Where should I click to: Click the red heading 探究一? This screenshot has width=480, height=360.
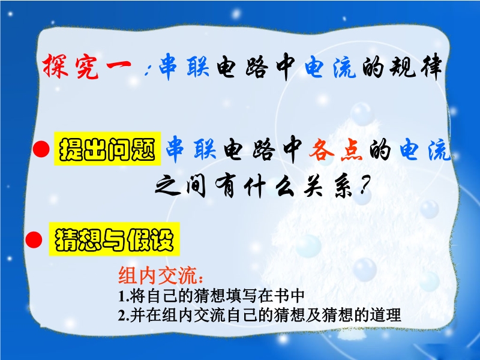(x=87, y=66)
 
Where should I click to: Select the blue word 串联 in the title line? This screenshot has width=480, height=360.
(x=184, y=65)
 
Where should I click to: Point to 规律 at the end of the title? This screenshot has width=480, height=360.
(x=416, y=66)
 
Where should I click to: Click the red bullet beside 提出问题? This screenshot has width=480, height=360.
(x=41, y=149)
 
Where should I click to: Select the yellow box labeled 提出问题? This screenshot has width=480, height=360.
(x=107, y=149)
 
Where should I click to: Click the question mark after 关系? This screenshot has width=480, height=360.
(x=364, y=185)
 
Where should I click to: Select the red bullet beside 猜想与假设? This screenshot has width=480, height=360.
(x=34, y=239)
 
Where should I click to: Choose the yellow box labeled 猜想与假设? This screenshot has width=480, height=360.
(x=114, y=239)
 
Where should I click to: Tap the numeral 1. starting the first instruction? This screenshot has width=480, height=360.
(x=124, y=296)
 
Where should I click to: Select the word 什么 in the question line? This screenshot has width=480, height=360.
(x=269, y=186)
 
